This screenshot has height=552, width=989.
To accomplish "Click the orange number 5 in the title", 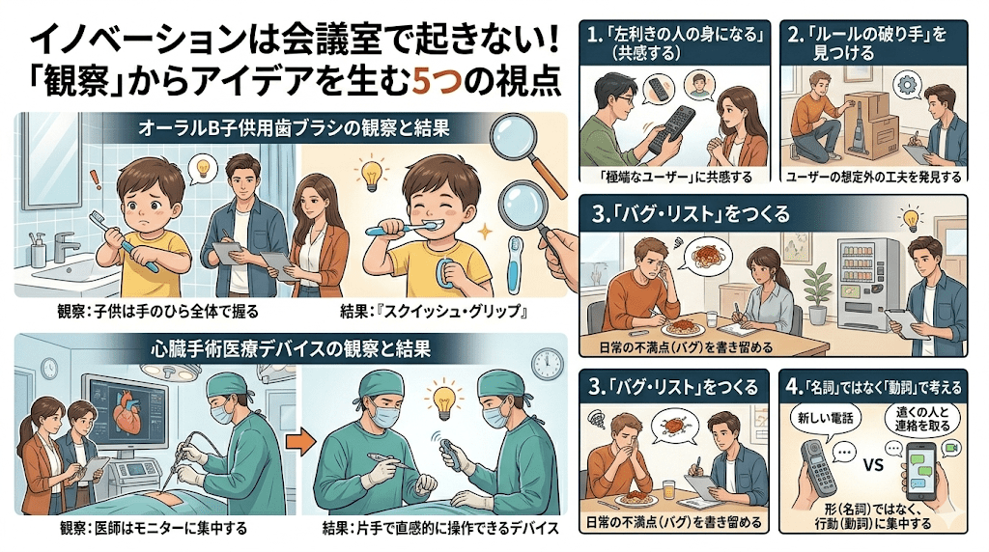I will [421, 82].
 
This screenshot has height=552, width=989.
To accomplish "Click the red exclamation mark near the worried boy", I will [95, 178].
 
